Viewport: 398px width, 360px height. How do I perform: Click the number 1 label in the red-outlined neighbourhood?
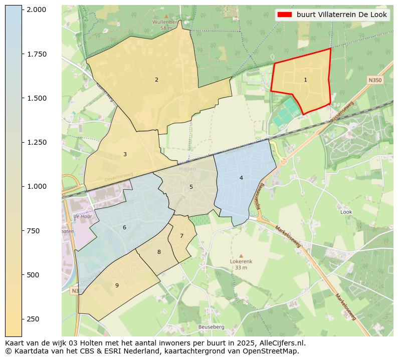tap(305, 80)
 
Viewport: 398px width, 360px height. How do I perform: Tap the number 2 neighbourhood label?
tap(156, 80)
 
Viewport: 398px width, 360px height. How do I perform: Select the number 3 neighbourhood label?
tap(125, 154)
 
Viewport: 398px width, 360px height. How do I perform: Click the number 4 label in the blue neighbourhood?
tap(241, 178)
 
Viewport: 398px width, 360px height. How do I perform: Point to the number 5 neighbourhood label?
tap(191, 187)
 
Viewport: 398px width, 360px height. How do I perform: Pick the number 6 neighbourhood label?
tap(124, 228)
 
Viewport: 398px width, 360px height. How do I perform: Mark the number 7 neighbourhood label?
tap(181, 236)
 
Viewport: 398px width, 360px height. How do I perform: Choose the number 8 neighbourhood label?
tap(159, 252)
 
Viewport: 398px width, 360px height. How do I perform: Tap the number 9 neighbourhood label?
tap(117, 285)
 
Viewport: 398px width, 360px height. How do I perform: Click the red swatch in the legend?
tap(285, 15)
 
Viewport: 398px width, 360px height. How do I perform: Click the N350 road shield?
tap(374, 80)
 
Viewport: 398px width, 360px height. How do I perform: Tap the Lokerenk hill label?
tap(241, 261)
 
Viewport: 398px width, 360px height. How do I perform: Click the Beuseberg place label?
tap(212, 327)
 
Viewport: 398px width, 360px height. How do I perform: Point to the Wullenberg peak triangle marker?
tap(166, 16)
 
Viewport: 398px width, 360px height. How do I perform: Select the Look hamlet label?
tap(346, 212)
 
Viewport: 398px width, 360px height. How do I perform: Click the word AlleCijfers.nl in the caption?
tap(281, 343)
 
